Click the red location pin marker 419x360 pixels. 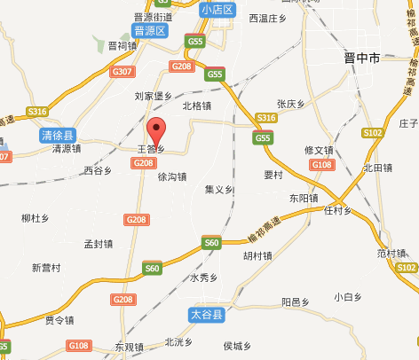(156, 129)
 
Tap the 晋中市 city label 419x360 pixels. (361, 58)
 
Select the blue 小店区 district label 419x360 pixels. (217, 10)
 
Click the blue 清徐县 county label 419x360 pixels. (59, 135)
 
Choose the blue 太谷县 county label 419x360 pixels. (209, 315)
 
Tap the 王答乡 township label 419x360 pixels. (151, 150)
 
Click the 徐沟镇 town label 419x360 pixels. (172, 176)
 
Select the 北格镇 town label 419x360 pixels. (196, 105)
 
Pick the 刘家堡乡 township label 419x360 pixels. (151, 95)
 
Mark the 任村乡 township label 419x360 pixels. (338, 211)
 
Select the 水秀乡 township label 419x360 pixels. (203, 278)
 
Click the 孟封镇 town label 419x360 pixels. (98, 243)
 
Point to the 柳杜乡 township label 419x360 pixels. (35, 217)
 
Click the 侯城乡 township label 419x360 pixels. (238, 346)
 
